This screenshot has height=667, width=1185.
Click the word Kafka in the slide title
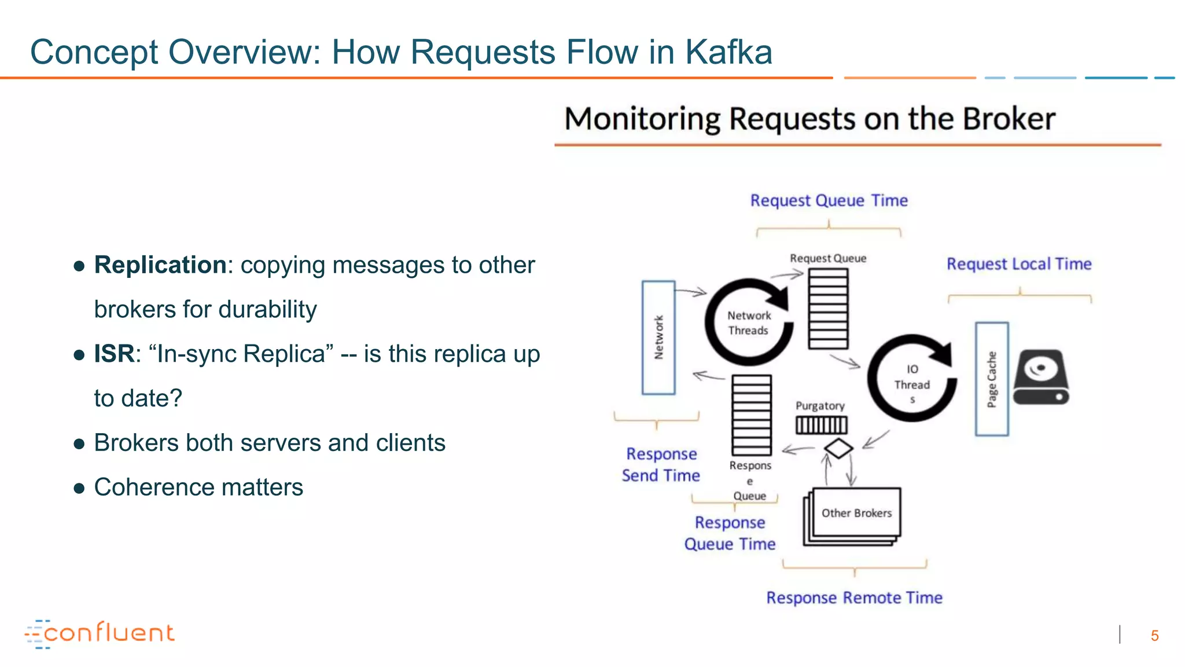[728, 52]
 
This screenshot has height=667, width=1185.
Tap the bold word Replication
[160, 265]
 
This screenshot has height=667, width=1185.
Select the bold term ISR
[114, 354]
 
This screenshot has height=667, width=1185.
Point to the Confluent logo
[100, 633]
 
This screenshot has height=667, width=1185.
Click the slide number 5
[1154, 636]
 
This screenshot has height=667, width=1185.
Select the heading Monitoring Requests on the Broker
[809, 119]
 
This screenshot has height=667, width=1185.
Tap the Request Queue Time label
[829, 200]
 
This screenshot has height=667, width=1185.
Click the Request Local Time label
[1018, 264]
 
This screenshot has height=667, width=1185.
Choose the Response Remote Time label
[854, 598]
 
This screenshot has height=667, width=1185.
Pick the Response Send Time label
[661, 464]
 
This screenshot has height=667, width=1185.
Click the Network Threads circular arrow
[749, 322]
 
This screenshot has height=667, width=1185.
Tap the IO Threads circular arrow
[912, 378]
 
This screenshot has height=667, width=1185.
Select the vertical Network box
[658, 338]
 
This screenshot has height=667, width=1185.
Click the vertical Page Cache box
[992, 379]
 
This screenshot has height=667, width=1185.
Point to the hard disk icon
[1041, 377]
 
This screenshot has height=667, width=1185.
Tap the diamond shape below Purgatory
[838, 448]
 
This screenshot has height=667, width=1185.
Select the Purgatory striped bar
[821, 426]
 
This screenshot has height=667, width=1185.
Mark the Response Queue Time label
[730, 533]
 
